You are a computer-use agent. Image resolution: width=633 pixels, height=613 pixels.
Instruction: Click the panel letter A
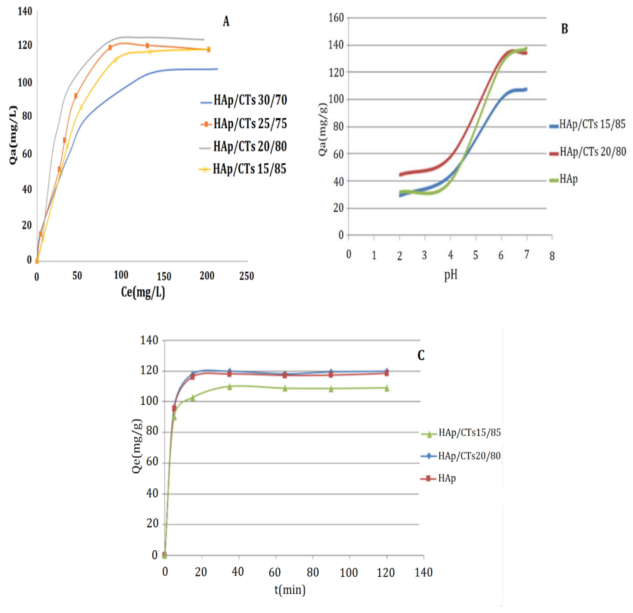226,22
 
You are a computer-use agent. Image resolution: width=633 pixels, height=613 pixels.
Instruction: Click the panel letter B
564,29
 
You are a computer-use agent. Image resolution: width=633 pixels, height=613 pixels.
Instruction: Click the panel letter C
421,355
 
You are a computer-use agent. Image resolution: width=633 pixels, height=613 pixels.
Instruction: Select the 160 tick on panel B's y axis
336,18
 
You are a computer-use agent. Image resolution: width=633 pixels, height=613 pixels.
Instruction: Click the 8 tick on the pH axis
552,256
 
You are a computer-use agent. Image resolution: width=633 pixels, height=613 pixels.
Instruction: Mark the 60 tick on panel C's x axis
275,572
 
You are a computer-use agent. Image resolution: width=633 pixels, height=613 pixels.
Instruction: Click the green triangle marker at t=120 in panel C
387,388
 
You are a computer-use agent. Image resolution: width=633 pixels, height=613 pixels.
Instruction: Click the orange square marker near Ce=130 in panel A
147,46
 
